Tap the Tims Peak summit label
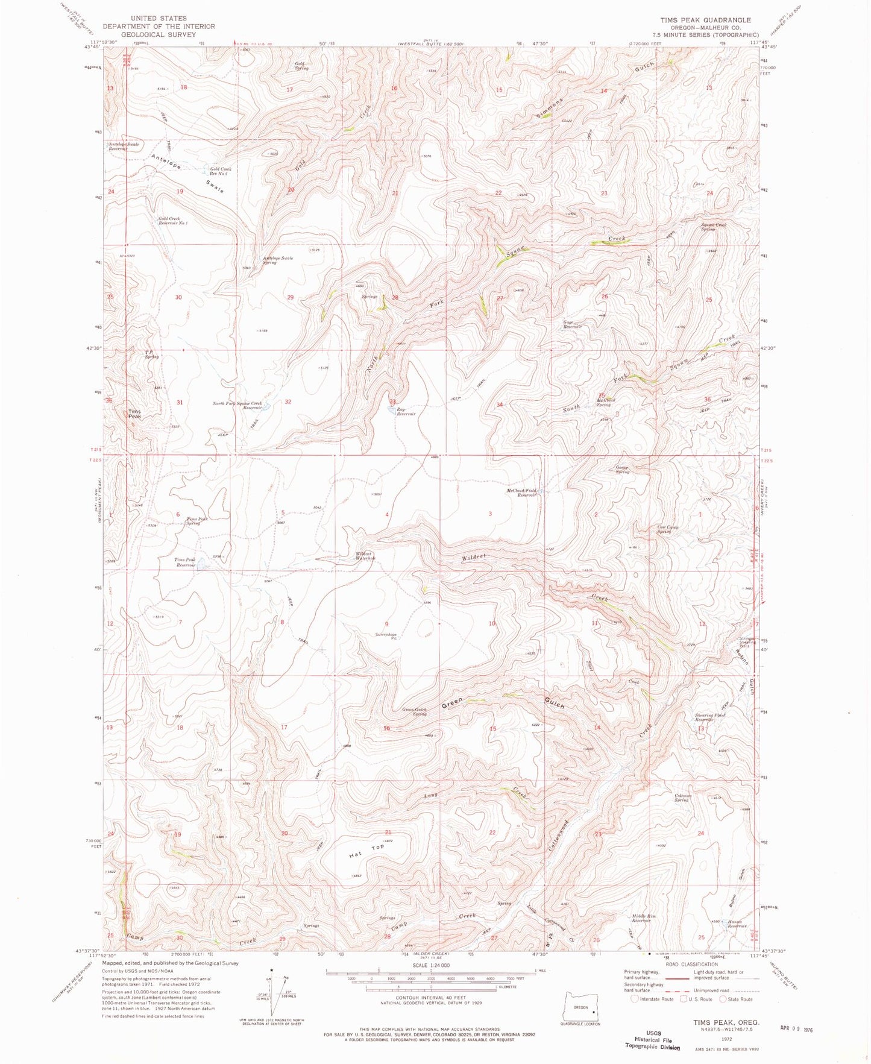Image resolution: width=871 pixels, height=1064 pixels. pyautogui.click(x=134, y=414)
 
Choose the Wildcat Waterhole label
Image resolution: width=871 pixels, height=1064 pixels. pyautogui.click(x=365, y=556)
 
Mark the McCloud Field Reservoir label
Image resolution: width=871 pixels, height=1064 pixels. pyautogui.click(x=521, y=493)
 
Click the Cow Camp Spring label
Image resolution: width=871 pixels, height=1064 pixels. pyautogui.click(x=667, y=529)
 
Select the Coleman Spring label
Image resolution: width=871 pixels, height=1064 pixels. pyautogui.click(x=682, y=798)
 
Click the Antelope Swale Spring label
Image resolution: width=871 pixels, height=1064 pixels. pyautogui.click(x=277, y=260)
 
